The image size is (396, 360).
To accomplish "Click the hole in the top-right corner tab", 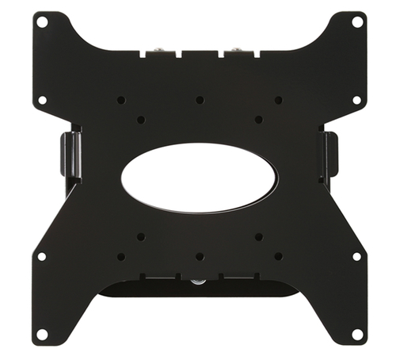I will [356, 23].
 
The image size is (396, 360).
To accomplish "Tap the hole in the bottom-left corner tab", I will [42, 334].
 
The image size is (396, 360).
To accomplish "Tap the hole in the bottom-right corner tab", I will [356, 334].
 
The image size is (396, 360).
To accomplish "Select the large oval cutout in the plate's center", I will [199, 178].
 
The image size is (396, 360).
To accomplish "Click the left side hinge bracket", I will [69, 154].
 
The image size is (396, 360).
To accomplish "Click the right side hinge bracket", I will [329, 154].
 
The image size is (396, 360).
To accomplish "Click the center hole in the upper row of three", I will [200, 100].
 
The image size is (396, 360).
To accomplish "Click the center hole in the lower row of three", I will [200, 256].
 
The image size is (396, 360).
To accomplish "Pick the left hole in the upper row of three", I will [120, 100].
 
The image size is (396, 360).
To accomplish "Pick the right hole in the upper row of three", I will [278, 100].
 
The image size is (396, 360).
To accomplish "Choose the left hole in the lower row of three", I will [120, 256].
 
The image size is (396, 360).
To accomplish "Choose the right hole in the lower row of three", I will [278, 256].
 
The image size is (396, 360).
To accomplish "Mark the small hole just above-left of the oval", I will [140, 120].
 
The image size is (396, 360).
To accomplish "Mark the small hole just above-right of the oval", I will [259, 120].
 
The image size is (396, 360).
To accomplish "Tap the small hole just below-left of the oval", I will [140, 236].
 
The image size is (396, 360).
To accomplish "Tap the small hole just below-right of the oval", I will [259, 236].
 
